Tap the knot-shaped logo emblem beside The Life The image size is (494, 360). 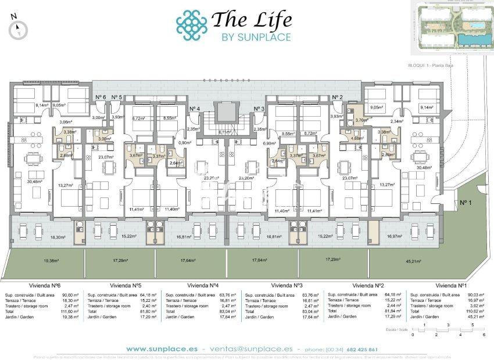[192, 25]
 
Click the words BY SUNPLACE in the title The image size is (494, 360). [256, 37]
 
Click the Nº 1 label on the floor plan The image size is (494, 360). [464, 203]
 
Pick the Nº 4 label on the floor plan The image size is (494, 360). [195, 109]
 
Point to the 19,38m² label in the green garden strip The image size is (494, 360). [36, 261]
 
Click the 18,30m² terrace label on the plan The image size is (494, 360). [57, 237]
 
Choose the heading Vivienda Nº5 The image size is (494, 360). [126, 286]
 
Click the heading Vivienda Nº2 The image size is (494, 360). [367, 286]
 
